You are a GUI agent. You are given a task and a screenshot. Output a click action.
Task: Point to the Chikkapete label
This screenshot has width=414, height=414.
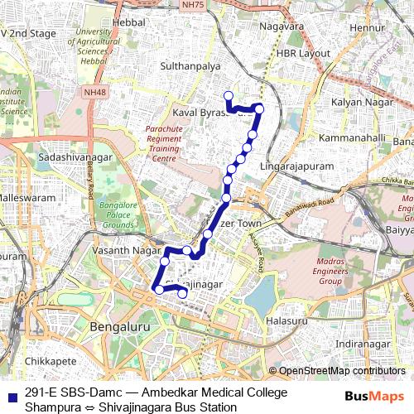click(51, 361)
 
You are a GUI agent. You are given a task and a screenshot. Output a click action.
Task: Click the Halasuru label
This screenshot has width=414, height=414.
click(287, 320)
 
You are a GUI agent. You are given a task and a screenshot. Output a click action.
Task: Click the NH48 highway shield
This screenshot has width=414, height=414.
click(95, 93)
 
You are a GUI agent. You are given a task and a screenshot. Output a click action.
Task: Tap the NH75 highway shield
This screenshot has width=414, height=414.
click(191, 5)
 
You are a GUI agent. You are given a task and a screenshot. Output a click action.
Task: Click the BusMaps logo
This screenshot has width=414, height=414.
click(375, 397)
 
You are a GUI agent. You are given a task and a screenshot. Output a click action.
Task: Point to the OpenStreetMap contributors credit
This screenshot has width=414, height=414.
click(341, 370)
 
